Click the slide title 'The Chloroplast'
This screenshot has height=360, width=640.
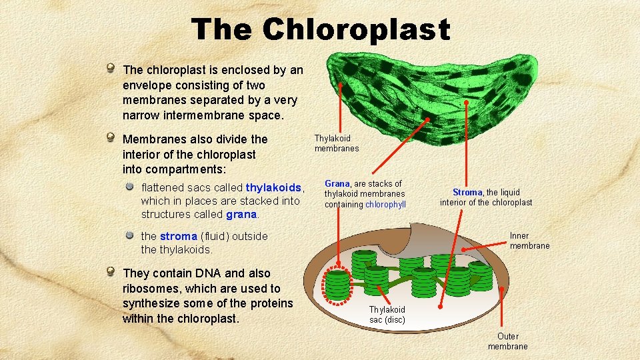click(x=320, y=29)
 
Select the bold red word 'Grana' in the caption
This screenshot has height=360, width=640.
click(x=337, y=183)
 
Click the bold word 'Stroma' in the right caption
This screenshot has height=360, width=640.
click(x=468, y=193)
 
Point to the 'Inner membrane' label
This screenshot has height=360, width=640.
click(x=529, y=241)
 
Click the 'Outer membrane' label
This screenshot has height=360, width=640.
click(x=507, y=341)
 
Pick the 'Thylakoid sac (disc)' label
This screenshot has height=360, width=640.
click(x=387, y=315)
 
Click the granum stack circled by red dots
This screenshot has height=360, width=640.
click(x=337, y=285)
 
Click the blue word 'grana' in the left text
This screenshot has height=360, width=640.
click(x=241, y=214)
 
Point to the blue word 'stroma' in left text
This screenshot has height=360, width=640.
click(x=178, y=236)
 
